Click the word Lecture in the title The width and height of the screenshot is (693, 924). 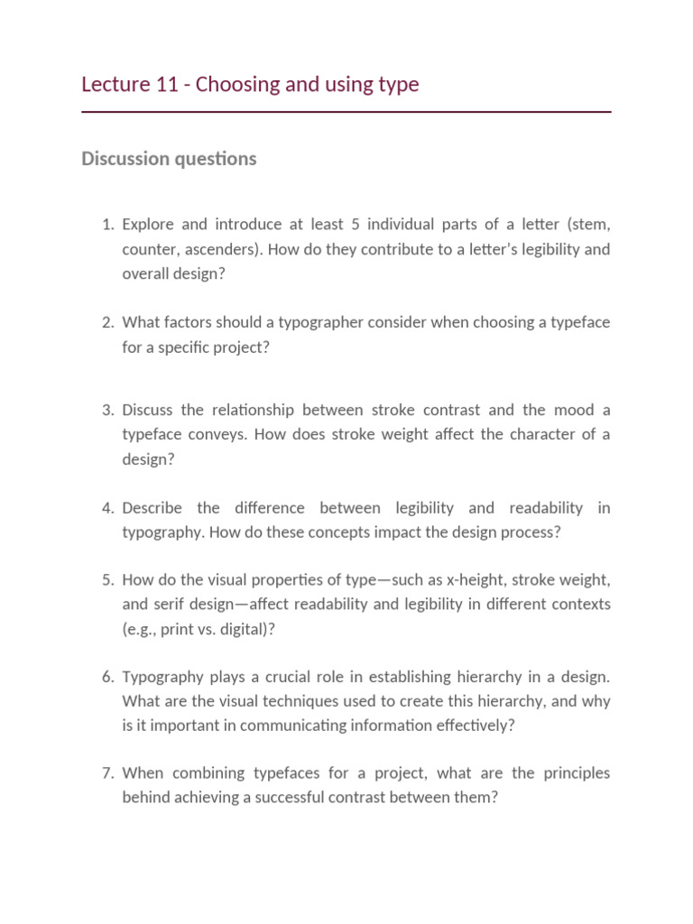115,85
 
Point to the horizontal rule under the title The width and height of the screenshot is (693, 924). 346,112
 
